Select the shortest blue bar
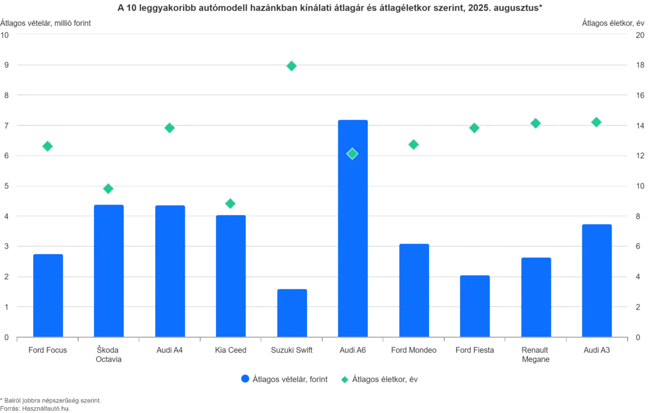tap(292, 312)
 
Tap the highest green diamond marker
tap(291, 66)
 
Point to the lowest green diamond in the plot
tap(230, 204)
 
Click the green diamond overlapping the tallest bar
tap(353, 154)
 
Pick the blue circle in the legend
tap(244, 379)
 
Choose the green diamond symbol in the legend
tap(345, 379)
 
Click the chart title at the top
tap(330, 7)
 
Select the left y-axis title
tap(47, 22)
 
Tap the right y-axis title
tap(613, 22)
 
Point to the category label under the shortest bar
tap(292, 351)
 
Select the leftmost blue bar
tap(48, 294)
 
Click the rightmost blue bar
tap(597, 279)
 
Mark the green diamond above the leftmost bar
tap(48, 146)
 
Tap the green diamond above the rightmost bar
tap(596, 122)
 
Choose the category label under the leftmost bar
tap(48, 351)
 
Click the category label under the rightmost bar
tap(597, 351)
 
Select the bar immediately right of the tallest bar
tap(414, 290)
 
